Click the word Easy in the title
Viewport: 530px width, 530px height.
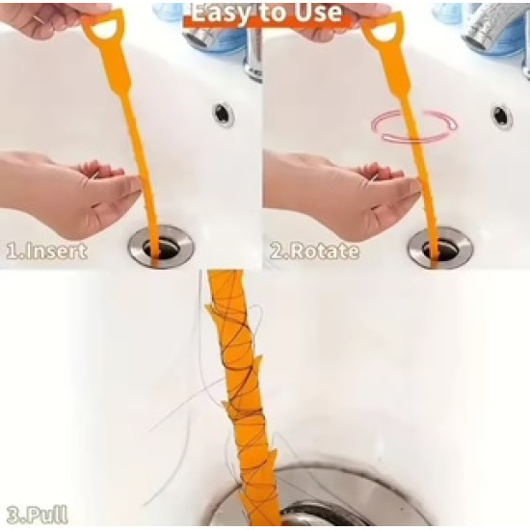click(x=221, y=13)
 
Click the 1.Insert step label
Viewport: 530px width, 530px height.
click(x=46, y=252)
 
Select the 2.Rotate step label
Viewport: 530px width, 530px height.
click(x=314, y=252)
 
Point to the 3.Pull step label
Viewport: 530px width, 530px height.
click(x=37, y=515)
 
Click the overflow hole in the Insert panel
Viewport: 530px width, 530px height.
click(x=223, y=115)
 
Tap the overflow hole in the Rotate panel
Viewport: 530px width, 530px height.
click(x=501, y=117)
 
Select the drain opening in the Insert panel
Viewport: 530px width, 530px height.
click(x=162, y=249)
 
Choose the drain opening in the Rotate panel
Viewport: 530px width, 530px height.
click(x=440, y=249)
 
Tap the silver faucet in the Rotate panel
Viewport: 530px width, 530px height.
click(x=497, y=24)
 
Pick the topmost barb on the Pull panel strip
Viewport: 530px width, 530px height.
click(x=210, y=309)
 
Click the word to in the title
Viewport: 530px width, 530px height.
click(x=272, y=13)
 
